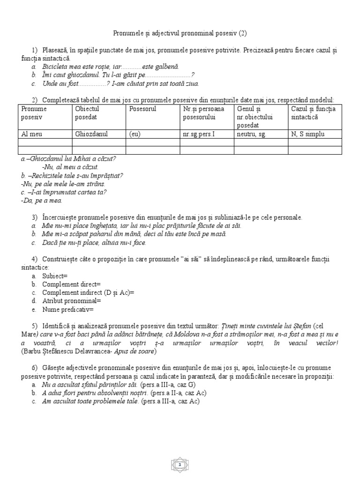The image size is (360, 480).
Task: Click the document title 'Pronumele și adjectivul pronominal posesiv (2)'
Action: coord(180,33)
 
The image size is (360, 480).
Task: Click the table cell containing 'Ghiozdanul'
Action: coord(91,134)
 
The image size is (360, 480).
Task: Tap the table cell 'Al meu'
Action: coord(32,134)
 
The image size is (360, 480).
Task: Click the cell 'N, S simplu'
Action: coord(308,134)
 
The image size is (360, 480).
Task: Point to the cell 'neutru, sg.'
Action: coord(252,134)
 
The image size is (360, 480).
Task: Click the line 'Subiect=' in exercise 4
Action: coord(55,276)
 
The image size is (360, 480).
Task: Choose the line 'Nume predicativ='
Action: coord(68,309)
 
